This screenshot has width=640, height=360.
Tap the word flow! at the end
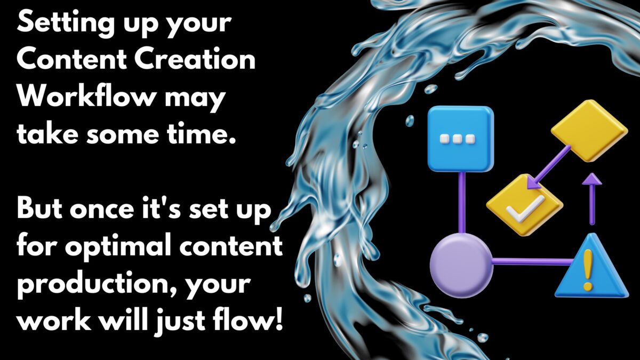point(250,322)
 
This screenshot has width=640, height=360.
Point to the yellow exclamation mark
point(589,270)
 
